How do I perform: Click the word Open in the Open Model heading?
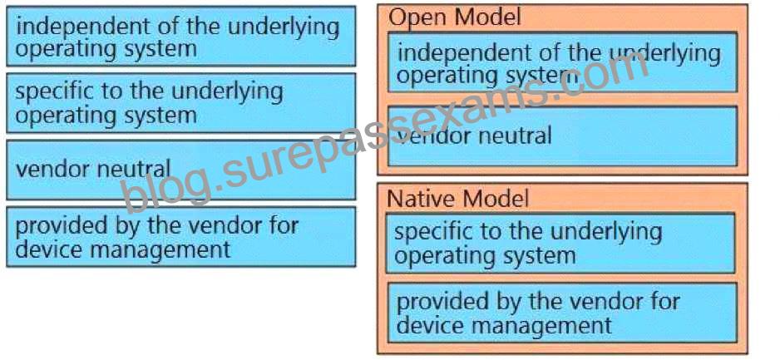click(417, 18)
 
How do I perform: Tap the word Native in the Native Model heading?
click(419, 199)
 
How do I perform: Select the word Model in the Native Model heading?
click(493, 199)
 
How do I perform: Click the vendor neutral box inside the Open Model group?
click(562, 136)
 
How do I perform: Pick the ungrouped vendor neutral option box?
click(181, 170)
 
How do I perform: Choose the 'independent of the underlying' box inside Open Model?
click(562, 62)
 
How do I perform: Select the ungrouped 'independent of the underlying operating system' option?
click(181, 36)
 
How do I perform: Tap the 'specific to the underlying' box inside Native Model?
click(560, 243)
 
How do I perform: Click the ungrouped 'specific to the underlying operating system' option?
click(181, 103)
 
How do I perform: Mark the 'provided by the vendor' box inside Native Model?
click(561, 313)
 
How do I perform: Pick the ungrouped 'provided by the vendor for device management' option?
click(181, 237)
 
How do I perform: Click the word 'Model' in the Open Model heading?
click(487, 18)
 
